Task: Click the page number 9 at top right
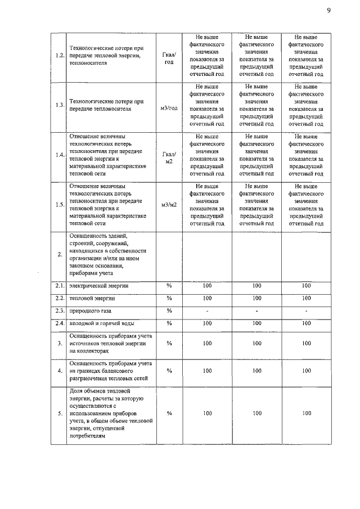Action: pos(328,10)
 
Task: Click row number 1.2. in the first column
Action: pos(58,56)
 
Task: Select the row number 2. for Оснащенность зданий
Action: pos(59,254)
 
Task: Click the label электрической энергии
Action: pos(98,286)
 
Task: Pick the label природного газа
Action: pos(90,310)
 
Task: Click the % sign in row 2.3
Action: pos(169,310)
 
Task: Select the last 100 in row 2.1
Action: pos(306,286)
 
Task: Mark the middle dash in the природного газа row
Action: pos(257,310)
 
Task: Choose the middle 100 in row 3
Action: pos(257,343)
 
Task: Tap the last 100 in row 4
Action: pos(306,371)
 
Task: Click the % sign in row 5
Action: pos(169,413)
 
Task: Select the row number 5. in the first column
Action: pos(59,413)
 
